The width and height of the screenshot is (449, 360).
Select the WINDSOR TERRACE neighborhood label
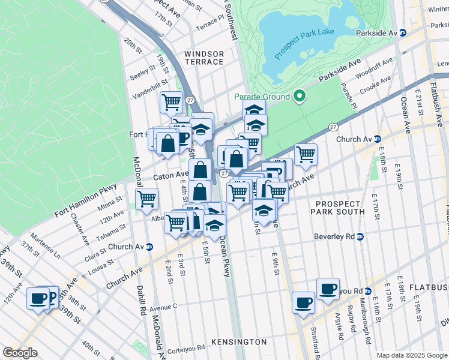pos(204,58)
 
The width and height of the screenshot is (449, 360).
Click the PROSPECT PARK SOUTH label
pos(338,207)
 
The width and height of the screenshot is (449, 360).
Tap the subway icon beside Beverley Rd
pos(360,236)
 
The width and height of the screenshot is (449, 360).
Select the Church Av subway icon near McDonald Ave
pos(149,247)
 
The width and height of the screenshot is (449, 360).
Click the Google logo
pos(20,353)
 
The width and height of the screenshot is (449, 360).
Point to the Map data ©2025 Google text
pos(411,355)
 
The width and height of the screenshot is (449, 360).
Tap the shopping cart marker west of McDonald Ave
pos(146,199)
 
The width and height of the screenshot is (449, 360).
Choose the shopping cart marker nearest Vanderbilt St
pos(171,103)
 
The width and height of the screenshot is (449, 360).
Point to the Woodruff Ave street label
pos(373,65)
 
